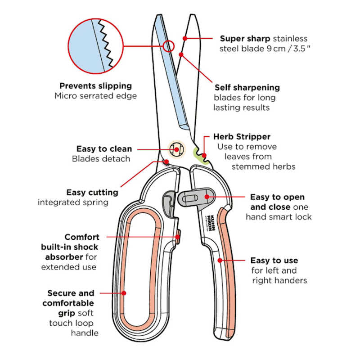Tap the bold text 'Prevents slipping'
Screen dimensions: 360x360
tap(95, 85)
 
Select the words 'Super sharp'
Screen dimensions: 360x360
tap(244, 39)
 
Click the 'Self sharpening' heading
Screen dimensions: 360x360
tap(247, 87)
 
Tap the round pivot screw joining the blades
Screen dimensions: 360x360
tap(176, 149)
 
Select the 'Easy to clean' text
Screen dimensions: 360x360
tap(104, 149)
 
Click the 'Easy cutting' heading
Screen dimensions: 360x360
tap(92, 192)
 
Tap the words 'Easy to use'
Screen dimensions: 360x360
tap(274, 261)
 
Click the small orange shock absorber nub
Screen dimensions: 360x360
tap(178, 236)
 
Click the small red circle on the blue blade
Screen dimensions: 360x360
tap(168, 45)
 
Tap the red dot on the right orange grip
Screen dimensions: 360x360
tap(220, 261)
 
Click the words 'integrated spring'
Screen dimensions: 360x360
tap(73, 202)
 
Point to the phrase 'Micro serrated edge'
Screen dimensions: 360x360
tap(95, 96)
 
